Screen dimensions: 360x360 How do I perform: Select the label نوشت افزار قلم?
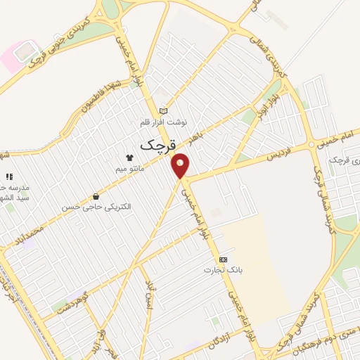coord(164,122)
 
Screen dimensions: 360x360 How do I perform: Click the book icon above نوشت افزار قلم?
coord(164,110)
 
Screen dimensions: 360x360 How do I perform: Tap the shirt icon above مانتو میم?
coord(129,157)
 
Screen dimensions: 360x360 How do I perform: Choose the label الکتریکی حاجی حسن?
coord(96,207)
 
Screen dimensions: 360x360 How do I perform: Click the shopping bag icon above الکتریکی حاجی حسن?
coord(96,196)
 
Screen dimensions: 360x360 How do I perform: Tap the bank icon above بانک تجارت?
coord(223,259)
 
